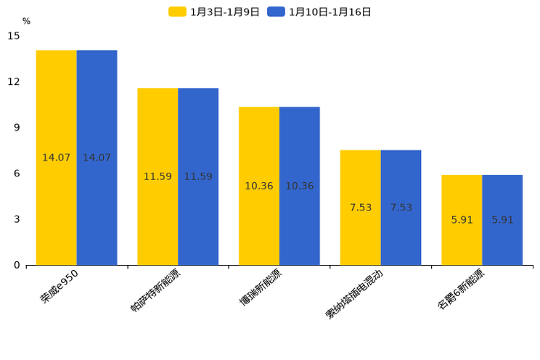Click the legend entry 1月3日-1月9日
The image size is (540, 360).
[215, 12]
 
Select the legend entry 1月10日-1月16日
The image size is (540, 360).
[320, 12]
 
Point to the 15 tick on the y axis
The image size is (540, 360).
[14, 36]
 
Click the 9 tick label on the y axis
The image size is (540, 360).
[17, 127]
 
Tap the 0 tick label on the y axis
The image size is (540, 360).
[17, 265]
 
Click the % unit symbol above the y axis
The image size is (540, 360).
[26, 21]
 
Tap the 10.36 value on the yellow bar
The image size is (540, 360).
[259, 186]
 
